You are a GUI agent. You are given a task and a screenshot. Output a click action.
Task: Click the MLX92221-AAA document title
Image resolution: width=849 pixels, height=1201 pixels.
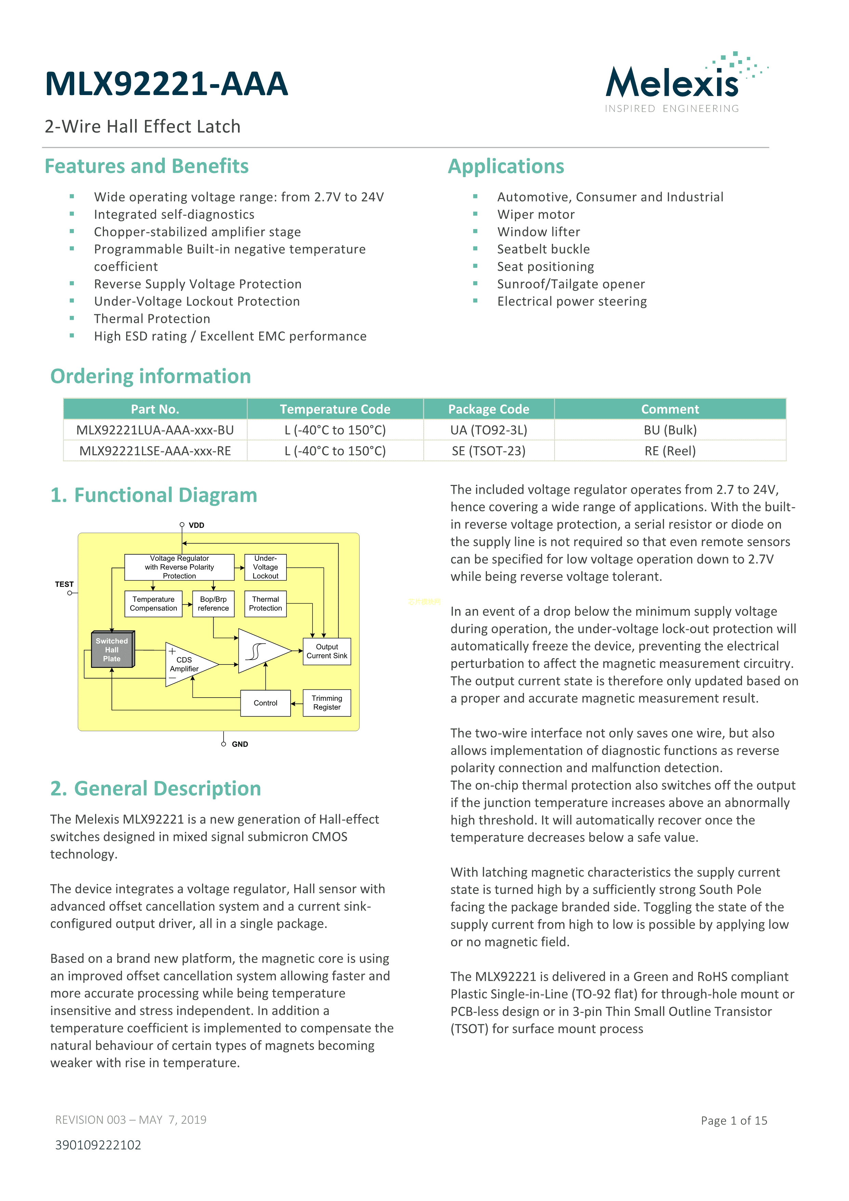(x=167, y=84)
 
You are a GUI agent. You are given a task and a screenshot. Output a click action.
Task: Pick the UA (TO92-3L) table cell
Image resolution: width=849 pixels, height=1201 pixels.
(x=489, y=430)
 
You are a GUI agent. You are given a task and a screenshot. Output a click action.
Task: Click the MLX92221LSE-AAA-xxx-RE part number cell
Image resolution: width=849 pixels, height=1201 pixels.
(x=155, y=451)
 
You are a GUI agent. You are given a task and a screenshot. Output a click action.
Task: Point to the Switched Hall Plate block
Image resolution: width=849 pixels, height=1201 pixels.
(x=112, y=650)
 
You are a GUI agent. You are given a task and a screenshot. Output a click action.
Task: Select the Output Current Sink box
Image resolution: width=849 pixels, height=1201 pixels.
(x=327, y=651)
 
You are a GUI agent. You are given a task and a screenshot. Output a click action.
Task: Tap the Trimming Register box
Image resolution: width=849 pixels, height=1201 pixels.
(x=327, y=702)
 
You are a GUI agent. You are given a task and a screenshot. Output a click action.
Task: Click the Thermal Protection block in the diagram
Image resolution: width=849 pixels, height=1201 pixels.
(x=265, y=604)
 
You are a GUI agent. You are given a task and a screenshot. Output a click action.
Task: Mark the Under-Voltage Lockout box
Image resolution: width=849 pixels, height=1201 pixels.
(x=265, y=567)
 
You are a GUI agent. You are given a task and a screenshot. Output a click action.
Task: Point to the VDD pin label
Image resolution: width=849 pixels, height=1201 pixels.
(x=196, y=525)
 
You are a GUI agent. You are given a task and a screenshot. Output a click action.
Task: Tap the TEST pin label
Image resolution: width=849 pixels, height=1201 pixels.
(x=64, y=584)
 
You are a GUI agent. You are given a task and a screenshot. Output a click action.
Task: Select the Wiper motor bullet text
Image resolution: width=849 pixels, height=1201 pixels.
(x=536, y=214)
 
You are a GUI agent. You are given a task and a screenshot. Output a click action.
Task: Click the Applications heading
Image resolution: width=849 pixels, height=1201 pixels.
(x=506, y=166)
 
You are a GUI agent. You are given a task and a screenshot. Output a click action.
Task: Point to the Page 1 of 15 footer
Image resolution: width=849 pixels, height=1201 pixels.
(x=733, y=1120)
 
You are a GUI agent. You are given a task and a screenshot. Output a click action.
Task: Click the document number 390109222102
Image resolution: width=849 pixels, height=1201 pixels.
(x=98, y=1145)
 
